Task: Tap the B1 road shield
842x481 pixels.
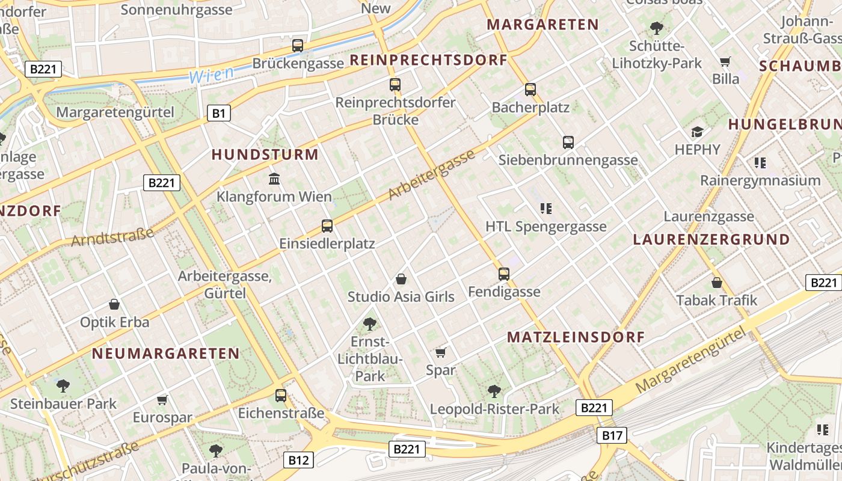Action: pyautogui.click(x=220, y=113)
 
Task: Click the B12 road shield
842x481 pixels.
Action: pyautogui.click(x=298, y=460)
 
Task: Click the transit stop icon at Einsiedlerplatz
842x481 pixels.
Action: pyautogui.click(x=327, y=226)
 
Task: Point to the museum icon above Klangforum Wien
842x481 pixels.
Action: pyautogui.click(x=275, y=179)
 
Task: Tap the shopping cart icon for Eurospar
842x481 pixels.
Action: pyautogui.click(x=162, y=400)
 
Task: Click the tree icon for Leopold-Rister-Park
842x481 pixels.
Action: pyautogui.click(x=494, y=391)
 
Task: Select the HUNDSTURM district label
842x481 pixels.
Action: pyautogui.click(x=265, y=155)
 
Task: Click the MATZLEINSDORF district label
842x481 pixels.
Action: pyautogui.click(x=576, y=337)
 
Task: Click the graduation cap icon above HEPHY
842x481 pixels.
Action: pyautogui.click(x=697, y=132)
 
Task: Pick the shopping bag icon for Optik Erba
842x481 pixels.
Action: pyautogui.click(x=114, y=305)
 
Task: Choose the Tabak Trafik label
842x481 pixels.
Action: pyautogui.click(x=716, y=300)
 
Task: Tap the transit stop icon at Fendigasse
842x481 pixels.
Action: pyautogui.click(x=504, y=274)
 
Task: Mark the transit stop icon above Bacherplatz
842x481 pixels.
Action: pyautogui.click(x=530, y=90)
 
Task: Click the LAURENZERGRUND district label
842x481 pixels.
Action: pyautogui.click(x=711, y=239)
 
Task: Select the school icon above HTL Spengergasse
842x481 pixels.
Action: pyautogui.click(x=545, y=209)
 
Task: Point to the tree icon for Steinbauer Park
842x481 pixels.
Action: pyautogui.click(x=63, y=385)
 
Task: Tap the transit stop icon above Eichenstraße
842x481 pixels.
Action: pyautogui.click(x=281, y=396)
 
